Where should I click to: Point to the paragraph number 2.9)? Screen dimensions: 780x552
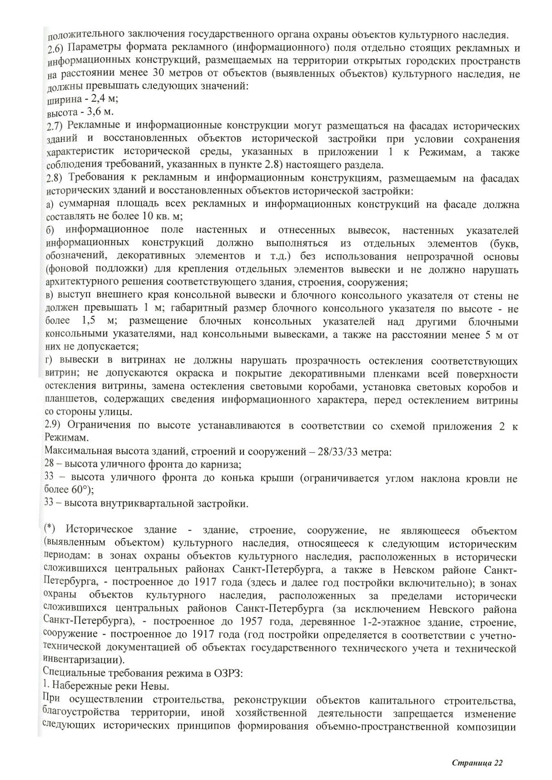coord(55,425)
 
